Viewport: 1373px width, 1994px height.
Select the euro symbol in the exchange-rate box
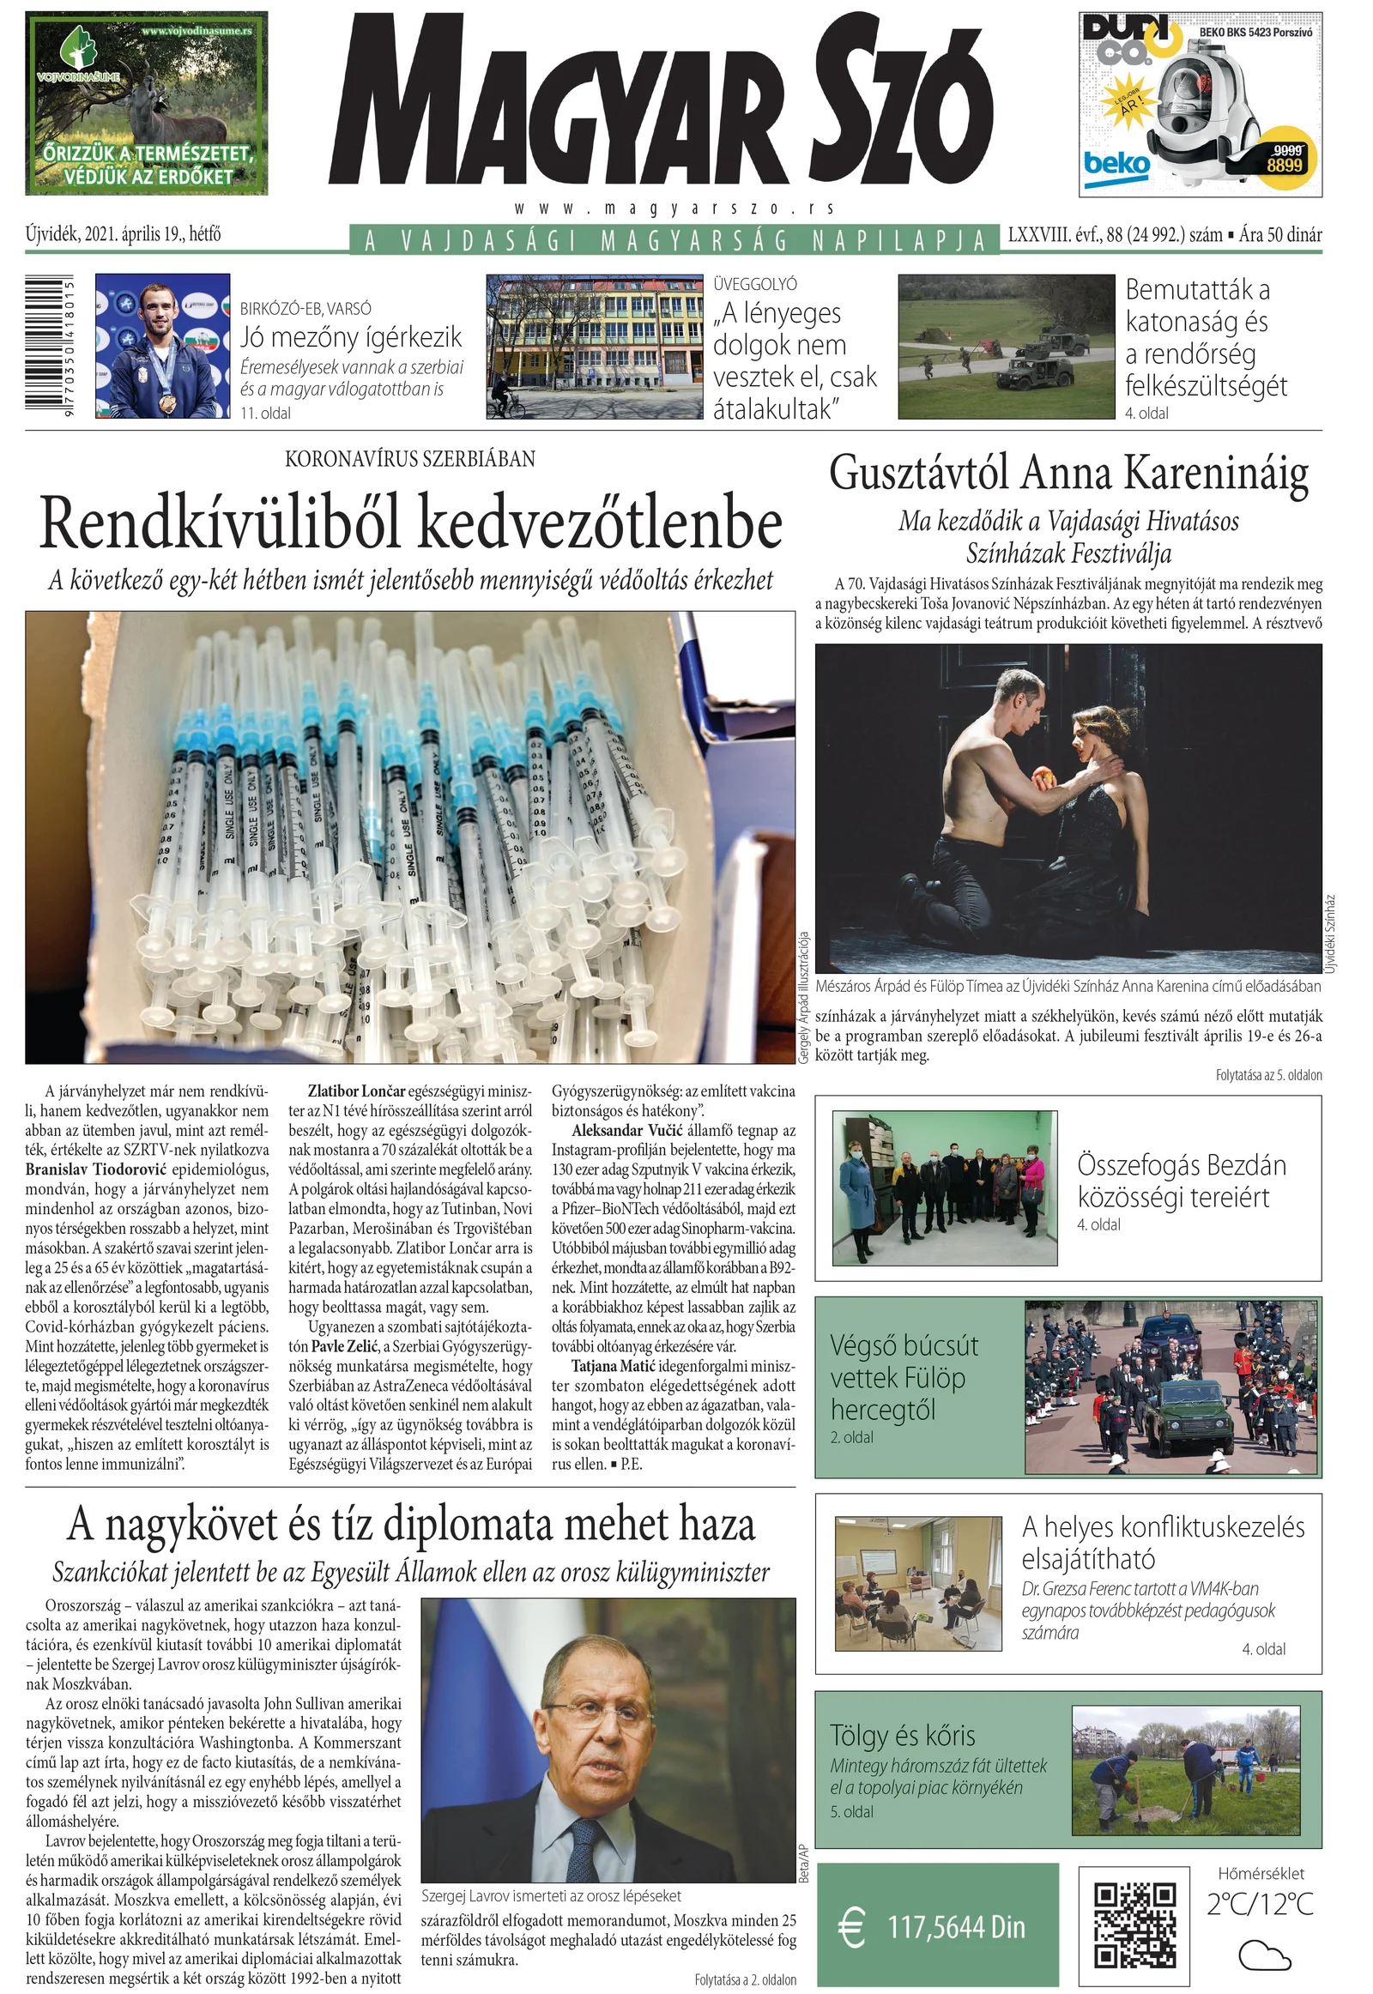pyautogui.click(x=851, y=1927)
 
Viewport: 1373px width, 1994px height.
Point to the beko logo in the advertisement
pyautogui.click(x=1116, y=163)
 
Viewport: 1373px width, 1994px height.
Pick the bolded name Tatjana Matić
pyautogui.click(x=614, y=1365)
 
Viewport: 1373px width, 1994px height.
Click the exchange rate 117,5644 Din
pyautogui.click(x=956, y=1927)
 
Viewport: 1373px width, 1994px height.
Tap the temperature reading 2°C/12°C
pyautogui.click(x=1261, y=1905)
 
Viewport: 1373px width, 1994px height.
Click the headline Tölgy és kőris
pyautogui.click(x=903, y=1735)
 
